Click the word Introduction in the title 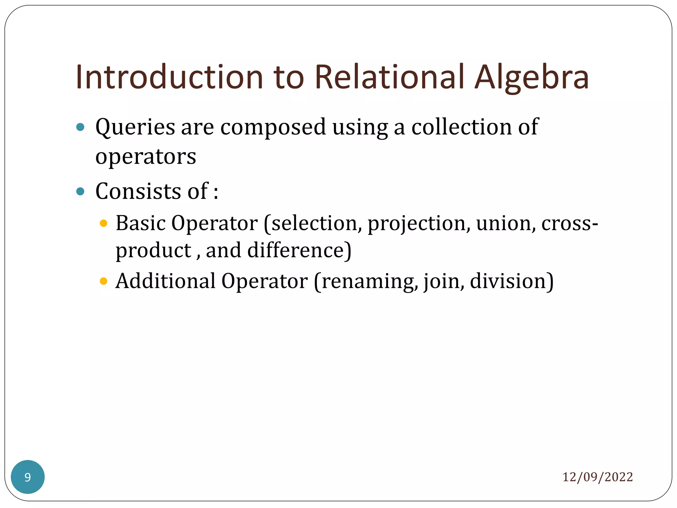click(169, 77)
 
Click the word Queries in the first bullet click(135, 128)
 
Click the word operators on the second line click(145, 157)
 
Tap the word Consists click(138, 191)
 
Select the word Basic click(140, 223)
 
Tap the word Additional click(165, 281)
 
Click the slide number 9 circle click(28, 477)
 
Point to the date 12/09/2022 click(597, 477)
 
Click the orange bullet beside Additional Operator click(103, 281)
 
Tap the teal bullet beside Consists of click(80, 191)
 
